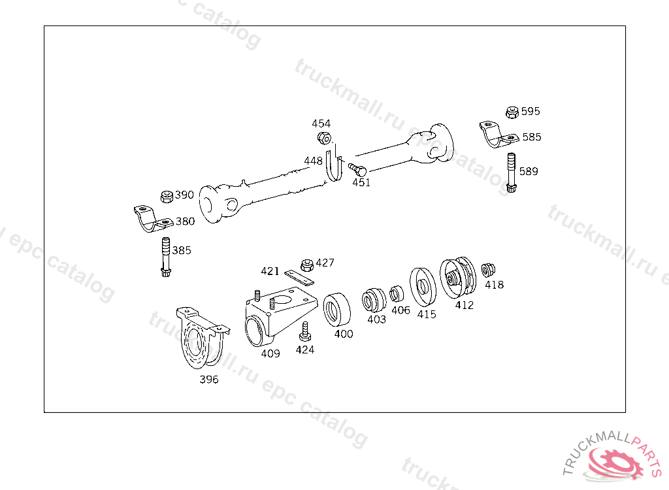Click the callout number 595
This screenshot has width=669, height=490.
pyautogui.click(x=530, y=112)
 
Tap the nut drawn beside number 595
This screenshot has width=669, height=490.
pyautogui.click(x=512, y=112)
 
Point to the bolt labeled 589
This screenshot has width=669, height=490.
pyautogui.click(x=511, y=172)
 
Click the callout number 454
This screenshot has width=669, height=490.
pyautogui.click(x=321, y=123)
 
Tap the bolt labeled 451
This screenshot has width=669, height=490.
pyautogui.click(x=357, y=169)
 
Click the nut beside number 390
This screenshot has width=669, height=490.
pyautogui.click(x=167, y=197)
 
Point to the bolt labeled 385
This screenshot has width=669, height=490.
pyautogui.click(x=165, y=257)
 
